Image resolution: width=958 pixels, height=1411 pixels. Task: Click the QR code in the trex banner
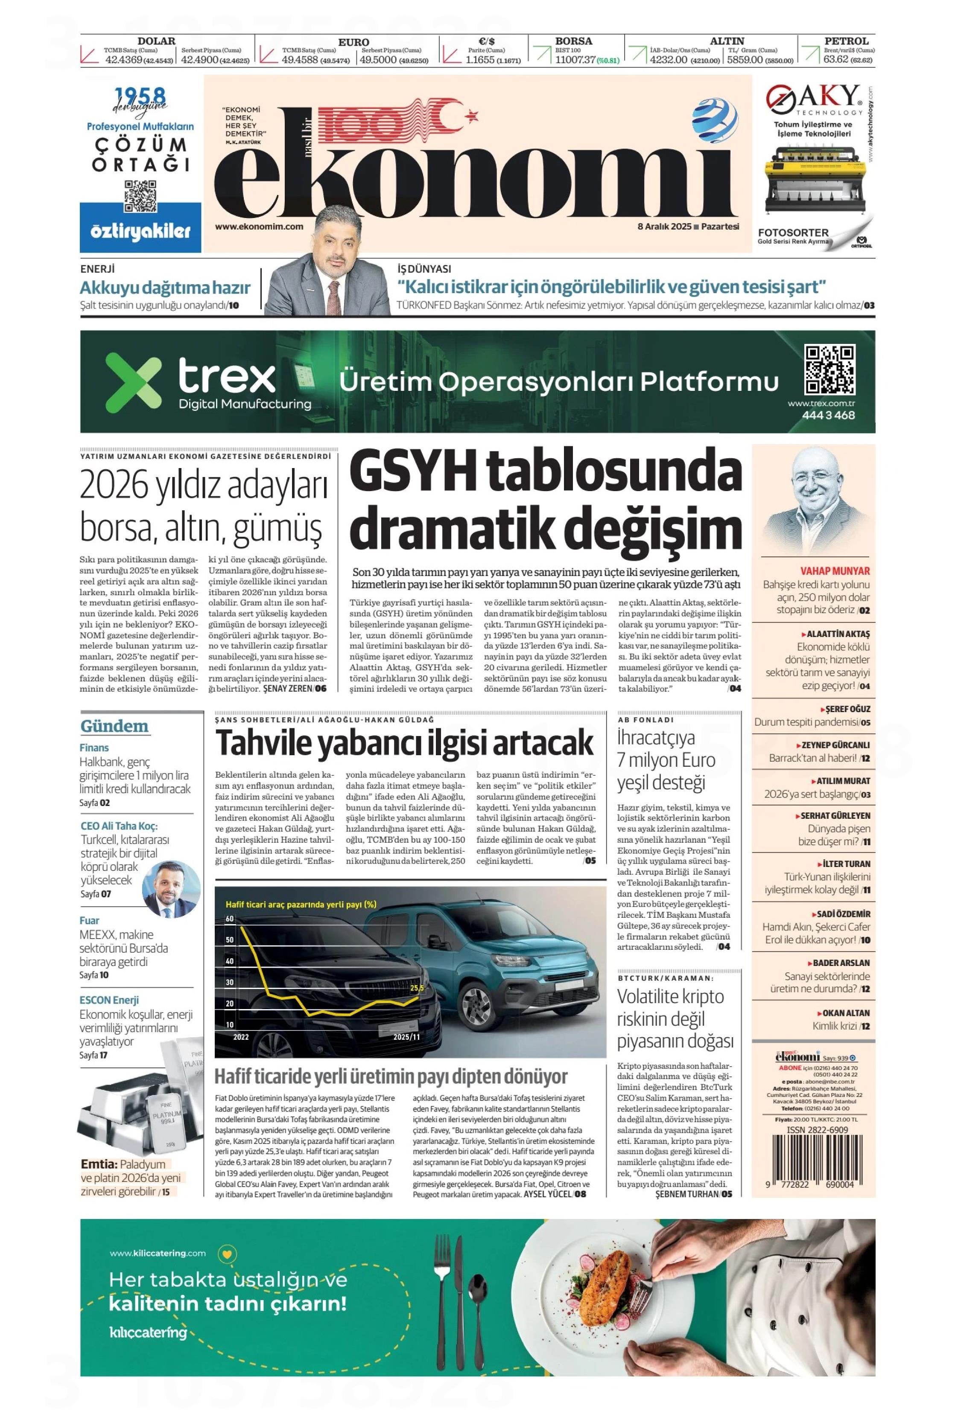[x=829, y=370]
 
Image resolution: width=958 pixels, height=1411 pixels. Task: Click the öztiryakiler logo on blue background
[x=140, y=231]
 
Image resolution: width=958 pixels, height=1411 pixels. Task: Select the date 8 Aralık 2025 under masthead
[x=664, y=227]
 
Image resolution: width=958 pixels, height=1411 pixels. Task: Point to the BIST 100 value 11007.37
[x=574, y=59]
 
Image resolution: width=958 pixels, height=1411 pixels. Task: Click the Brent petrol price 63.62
[x=835, y=59]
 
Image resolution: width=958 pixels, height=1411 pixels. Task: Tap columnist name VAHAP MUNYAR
[x=835, y=571]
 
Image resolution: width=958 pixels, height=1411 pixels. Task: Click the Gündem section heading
[x=114, y=726]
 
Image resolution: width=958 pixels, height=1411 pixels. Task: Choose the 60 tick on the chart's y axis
[x=230, y=919]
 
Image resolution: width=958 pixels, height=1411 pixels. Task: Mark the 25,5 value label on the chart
[x=417, y=988]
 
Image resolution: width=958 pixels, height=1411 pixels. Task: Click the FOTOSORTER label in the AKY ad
[x=793, y=233]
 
